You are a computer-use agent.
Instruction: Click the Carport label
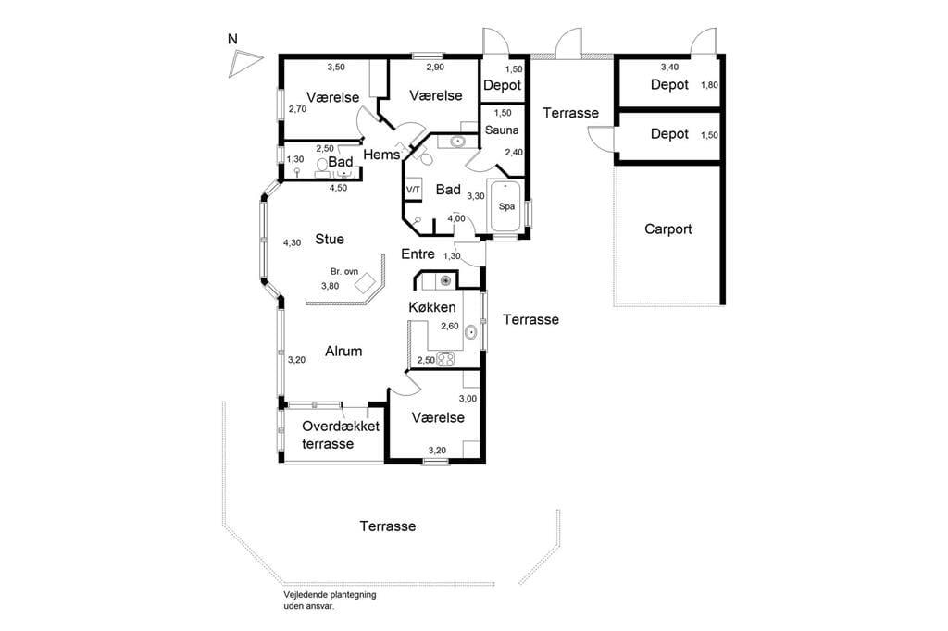(668, 229)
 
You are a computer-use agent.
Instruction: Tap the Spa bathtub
(506, 205)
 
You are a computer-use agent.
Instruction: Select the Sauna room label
(502, 130)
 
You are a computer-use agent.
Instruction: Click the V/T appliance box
(413, 189)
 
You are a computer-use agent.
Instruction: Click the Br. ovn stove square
(365, 283)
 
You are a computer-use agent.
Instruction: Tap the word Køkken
(432, 307)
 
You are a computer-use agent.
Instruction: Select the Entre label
(418, 254)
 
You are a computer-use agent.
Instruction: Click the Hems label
(381, 155)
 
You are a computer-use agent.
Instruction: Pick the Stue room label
(330, 240)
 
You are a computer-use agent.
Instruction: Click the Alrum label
(343, 352)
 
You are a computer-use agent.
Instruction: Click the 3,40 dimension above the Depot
(669, 68)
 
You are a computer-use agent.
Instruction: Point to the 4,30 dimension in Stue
(292, 243)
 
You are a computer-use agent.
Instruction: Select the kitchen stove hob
(445, 359)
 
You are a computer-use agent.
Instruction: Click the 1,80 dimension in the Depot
(709, 85)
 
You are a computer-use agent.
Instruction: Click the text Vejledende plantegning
(331, 595)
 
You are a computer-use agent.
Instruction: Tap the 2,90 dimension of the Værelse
(435, 68)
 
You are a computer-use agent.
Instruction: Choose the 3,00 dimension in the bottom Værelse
(468, 399)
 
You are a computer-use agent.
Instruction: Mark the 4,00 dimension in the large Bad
(456, 218)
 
